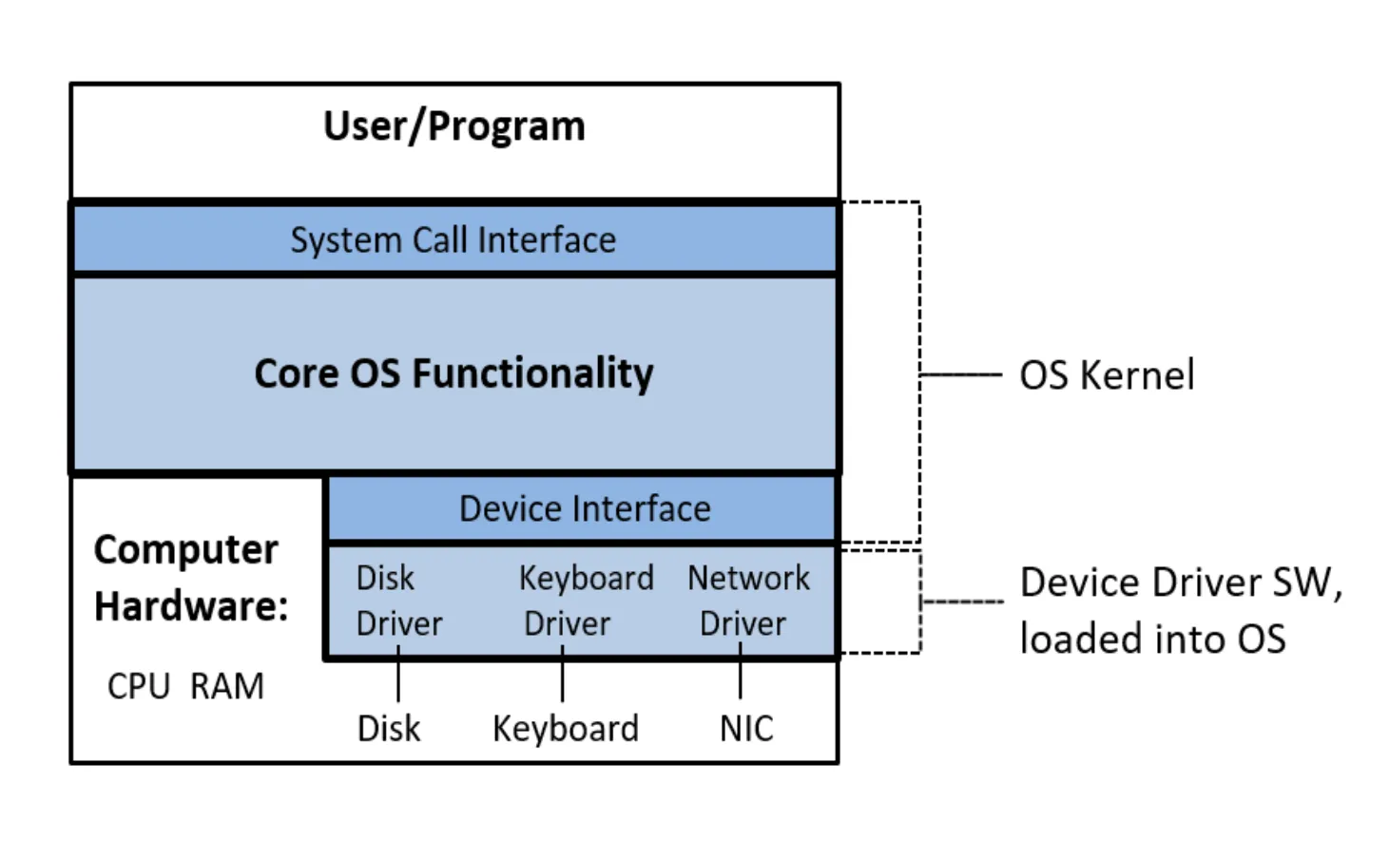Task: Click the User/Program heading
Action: point(453,126)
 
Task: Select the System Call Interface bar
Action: point(453,239)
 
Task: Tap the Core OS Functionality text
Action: point(453,373)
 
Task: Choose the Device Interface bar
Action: point(584,509)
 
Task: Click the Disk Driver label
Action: point(398,601)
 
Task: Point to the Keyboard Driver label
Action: point(586,601)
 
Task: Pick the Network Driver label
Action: point(748,601)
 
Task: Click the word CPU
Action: point(138,686)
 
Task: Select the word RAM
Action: point(226,686)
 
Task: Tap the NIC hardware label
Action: point(746,729)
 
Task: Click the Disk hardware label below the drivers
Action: point(388,729)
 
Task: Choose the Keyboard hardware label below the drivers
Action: point(565,729)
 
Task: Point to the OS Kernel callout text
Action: point(1107,375)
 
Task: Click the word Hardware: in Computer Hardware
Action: point(191,606)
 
